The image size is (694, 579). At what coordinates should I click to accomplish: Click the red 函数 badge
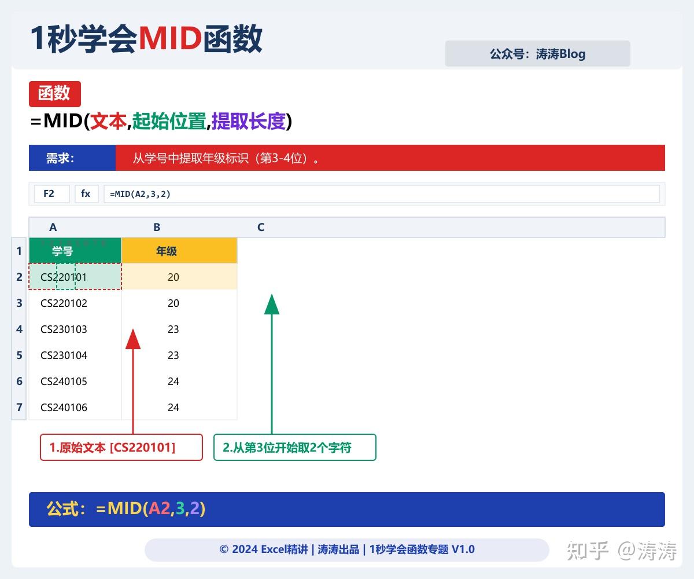click(x=54, y=94)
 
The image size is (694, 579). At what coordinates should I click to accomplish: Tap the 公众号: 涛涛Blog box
click(x=537, y=54)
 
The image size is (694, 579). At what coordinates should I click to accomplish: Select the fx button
click(x=86, y=194)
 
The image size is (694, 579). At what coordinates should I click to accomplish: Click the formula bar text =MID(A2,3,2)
click(x=141, y=194)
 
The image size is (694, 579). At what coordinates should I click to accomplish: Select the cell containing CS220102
click(x=64, y=303)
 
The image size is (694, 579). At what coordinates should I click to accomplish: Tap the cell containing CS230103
click(x=64, y=329)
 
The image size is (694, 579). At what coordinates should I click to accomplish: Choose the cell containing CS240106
click(x=64, y=407)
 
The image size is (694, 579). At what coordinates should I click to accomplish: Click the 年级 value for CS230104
click(x=173, y=355)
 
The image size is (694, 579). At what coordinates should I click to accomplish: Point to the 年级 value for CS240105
click(x=173, y=381)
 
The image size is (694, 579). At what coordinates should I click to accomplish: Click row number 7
click(x=19, y=407)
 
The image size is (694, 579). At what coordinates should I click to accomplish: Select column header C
click(x=261, y=228)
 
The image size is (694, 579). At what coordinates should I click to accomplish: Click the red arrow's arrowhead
click(x=133, y=339)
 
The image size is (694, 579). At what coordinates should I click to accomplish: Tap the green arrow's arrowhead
click(x=272, y=305)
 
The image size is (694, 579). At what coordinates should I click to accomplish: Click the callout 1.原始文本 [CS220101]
click(x=121, y=448)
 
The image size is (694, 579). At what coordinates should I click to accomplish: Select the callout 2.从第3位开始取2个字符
click(x=295, y=448)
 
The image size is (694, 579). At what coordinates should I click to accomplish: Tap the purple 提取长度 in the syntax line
click(x=249, y=122)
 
